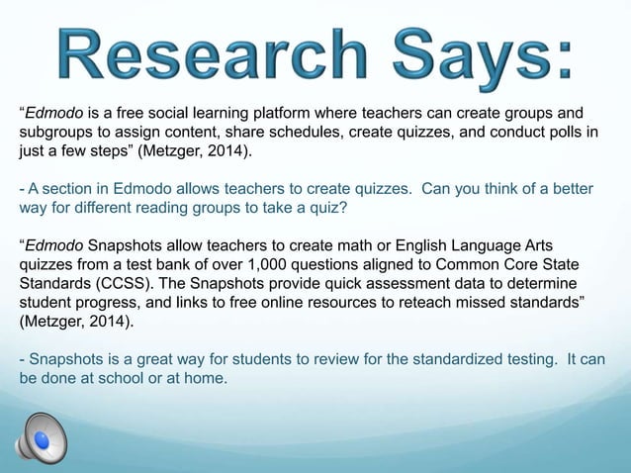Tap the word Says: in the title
point(477,56)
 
